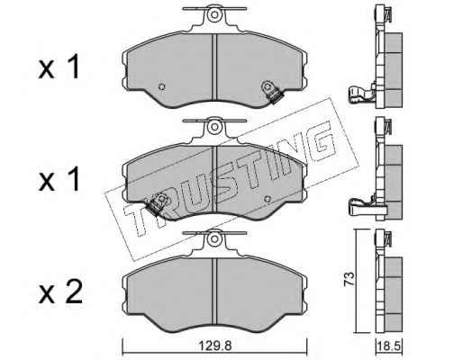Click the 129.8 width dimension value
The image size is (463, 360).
215,346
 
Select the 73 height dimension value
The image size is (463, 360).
350,279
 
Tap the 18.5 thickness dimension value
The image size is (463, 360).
389,347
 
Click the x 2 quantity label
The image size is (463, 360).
60,292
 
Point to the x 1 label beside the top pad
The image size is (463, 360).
59,67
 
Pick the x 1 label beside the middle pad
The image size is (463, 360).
59,179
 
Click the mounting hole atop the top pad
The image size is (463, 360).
214,14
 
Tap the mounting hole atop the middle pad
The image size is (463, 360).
214,127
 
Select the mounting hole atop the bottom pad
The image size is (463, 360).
214,238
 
